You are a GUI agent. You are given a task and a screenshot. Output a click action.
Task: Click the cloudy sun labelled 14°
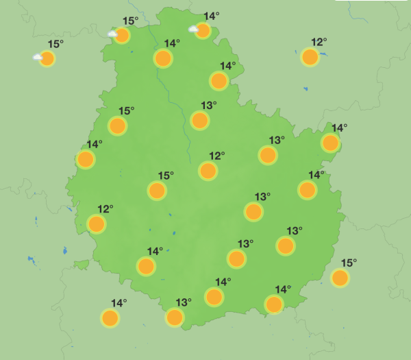[x=203, y=30]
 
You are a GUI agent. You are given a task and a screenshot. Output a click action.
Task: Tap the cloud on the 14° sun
[x=195, y=29]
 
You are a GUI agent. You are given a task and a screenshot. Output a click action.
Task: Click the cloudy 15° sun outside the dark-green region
[x=47, y=58]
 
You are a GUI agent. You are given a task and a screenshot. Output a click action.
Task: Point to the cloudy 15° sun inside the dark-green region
[x=122, y=35]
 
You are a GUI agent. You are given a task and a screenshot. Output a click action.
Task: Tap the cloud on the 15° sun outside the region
[x=38, y=58]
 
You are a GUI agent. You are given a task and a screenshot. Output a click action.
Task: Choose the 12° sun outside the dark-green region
[x=310, y=57]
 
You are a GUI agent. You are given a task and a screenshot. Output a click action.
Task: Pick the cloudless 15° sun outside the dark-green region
[x=339, y=278]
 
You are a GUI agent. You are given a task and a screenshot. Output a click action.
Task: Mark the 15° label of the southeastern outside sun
[x=349, y=263]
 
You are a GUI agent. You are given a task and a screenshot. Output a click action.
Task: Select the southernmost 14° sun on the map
[x=110, y=317]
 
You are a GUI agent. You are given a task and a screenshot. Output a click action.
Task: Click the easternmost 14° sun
[x=330, y=143]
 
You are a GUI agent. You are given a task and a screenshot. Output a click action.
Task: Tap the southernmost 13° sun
[x=175, y=317]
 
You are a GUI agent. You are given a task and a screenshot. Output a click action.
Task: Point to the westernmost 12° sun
[x=97, y=224]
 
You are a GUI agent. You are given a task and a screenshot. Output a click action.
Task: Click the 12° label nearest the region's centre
[x=217, y=156]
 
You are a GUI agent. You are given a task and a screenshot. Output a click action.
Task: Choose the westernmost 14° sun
[x=86, y=159]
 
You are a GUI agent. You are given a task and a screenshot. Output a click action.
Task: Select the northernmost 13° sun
[x=199, y=120]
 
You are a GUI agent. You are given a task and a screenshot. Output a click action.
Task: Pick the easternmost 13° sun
[x=286, y=245]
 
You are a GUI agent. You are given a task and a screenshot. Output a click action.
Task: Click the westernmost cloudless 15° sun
[x=118, y=125]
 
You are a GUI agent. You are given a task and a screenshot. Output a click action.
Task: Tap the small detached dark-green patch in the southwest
[x=82, y=265]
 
